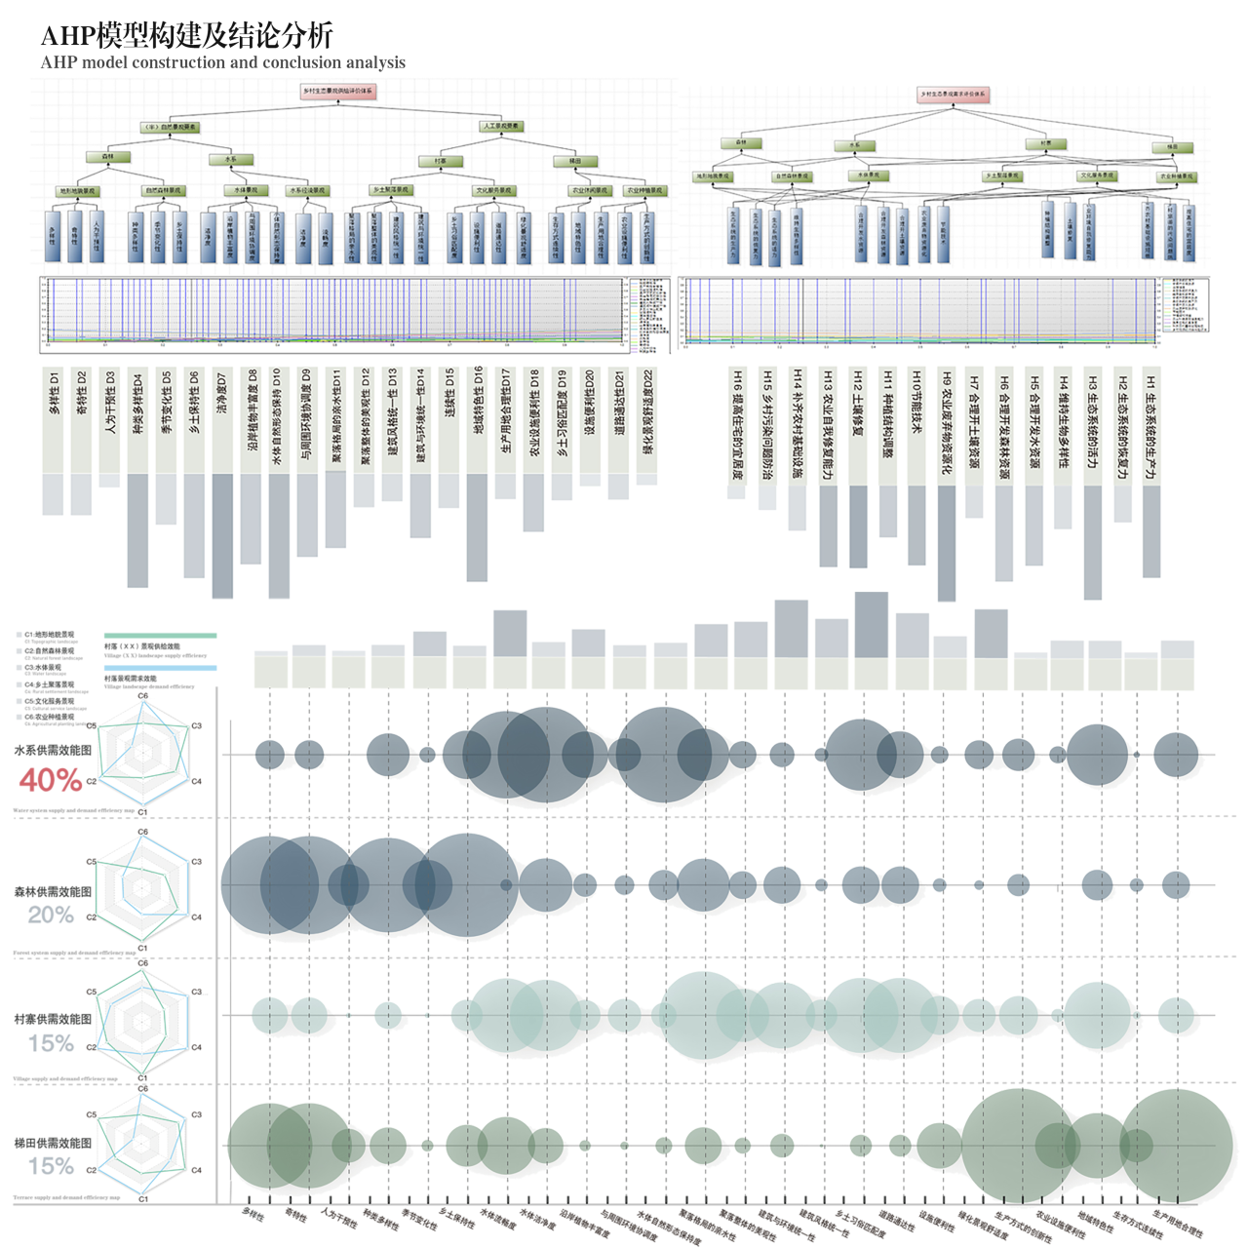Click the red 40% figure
(51, 780)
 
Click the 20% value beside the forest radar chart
(51, 915)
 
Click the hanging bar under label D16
(477, 526)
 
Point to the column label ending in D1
(54, 392)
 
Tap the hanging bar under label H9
(947, 542)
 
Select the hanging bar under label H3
(1093, 541)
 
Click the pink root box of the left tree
(337, 91)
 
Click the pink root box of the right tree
(953, 95)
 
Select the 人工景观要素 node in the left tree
(502, 127)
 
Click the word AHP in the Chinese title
(68, 36)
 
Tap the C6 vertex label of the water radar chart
(142, 696)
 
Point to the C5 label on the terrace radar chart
(92, 1114)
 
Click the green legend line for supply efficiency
(160, 636)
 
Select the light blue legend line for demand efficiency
(160, 669)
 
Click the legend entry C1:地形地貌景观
(49, 635)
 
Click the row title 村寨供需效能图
(53, 1019)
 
